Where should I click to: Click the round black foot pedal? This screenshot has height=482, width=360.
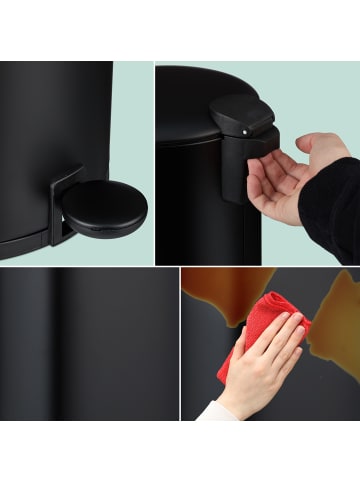coord(104,209)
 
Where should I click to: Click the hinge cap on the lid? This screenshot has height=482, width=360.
coord(243,114)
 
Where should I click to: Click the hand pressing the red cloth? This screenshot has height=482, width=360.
coord(265,360)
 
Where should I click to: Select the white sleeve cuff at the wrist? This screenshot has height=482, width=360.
coord(216,410)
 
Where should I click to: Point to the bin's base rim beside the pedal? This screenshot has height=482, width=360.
coord(25,244)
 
